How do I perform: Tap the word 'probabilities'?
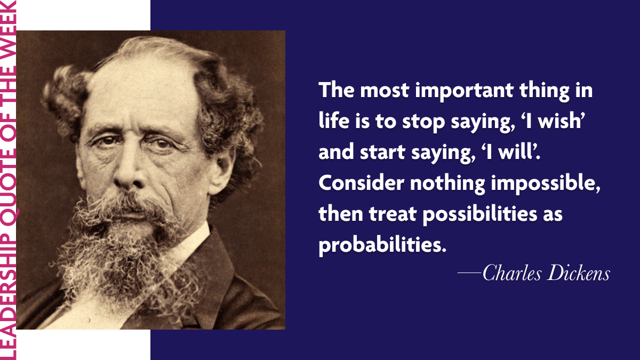381,246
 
